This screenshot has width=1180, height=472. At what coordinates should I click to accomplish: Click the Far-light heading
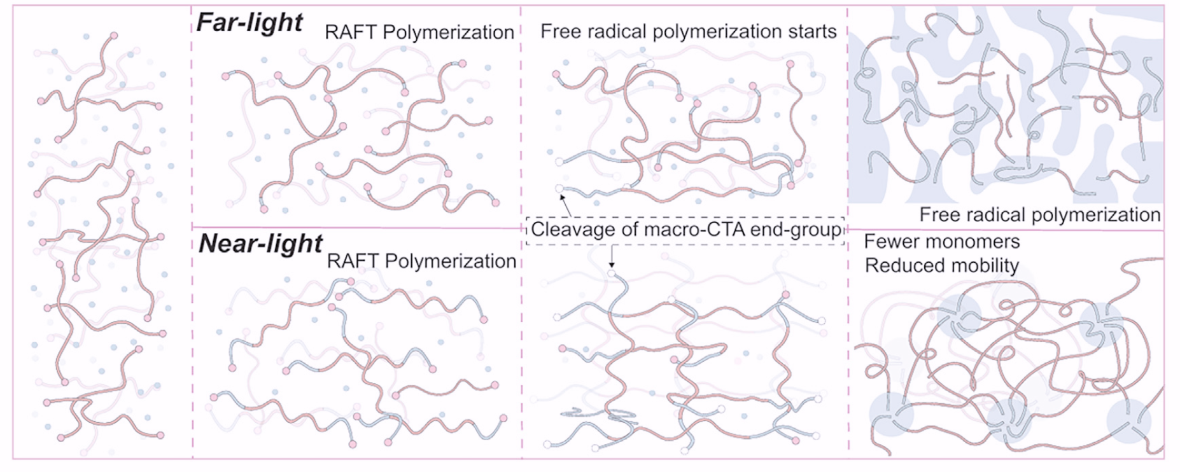(249, 23)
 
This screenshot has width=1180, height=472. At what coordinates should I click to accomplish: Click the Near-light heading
(260, 244)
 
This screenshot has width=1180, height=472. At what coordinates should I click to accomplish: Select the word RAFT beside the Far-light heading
(350, 32)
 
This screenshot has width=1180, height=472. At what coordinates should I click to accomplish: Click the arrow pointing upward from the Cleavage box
(565, 205)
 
